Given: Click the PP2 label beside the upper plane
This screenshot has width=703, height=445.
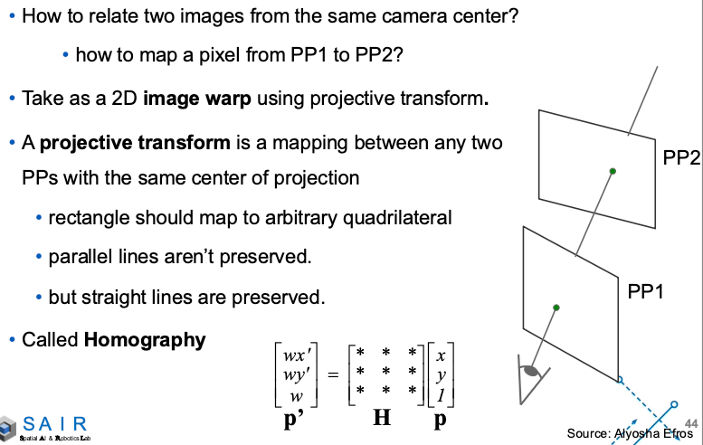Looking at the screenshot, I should coord(681,159).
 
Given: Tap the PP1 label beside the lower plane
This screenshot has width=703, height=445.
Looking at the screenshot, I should coord(646,292).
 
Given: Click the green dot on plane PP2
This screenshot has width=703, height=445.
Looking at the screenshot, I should coord(613,171).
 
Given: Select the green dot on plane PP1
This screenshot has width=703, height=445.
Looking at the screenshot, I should coord(556,308).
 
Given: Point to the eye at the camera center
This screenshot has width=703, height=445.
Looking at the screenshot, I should coord(528,370).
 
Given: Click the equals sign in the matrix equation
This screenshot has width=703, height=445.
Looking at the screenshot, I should coord(332,374).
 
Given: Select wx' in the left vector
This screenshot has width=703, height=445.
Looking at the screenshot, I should coord(295,355).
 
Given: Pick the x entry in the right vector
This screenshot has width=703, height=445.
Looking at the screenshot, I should coord(440,355).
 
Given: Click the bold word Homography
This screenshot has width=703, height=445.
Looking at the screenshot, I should coord(145,340).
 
